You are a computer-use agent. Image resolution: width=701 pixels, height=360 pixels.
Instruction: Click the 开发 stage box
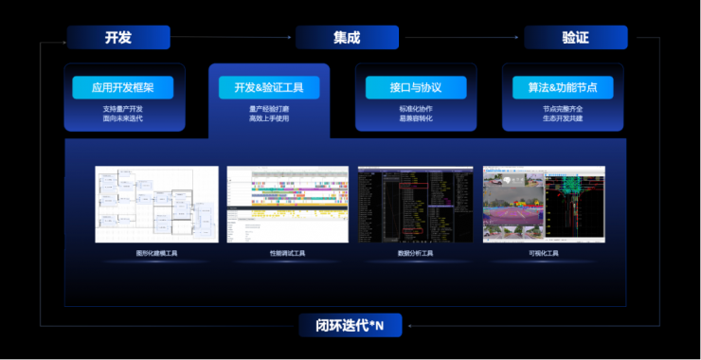(x=118, y=38)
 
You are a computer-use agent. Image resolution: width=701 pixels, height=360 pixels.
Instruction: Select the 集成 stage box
(x=347, y=38)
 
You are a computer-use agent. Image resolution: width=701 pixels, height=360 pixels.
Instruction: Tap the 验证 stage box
(x=575, y=38)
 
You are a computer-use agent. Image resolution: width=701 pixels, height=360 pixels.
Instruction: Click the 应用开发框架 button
(x=123, y=88)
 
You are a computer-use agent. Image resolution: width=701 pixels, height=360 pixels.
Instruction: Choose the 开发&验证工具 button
(x=269, y=88)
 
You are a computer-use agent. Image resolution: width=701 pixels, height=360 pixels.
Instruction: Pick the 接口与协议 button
(x=416, y=88)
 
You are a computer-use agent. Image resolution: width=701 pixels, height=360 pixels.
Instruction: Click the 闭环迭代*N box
(x=350, y=325)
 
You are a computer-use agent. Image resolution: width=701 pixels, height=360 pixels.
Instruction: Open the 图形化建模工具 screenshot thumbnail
(x=156, y=204)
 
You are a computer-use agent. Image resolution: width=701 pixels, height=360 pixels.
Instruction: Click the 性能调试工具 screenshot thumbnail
(x=287, y=204)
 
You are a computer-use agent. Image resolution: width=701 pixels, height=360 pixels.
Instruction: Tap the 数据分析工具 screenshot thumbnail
(x=415, y=204)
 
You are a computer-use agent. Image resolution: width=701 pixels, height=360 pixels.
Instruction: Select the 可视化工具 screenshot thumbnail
(x=544, y=204)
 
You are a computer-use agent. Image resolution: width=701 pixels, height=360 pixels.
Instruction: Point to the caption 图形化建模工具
(x=156, y=254)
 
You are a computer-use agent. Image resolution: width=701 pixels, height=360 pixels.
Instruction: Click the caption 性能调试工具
(x=287, y=254)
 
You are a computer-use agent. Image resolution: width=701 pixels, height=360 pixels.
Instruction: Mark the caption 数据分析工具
(x=415, y=254)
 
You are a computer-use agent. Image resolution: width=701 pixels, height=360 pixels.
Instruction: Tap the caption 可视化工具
(x=544, y=254)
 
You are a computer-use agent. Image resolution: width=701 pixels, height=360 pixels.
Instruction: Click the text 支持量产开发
(x=123, y=109)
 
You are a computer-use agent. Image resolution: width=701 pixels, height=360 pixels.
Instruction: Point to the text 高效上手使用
(x=269, y=118)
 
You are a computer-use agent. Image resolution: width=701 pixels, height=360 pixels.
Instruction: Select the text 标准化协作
(x=416, y=109)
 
